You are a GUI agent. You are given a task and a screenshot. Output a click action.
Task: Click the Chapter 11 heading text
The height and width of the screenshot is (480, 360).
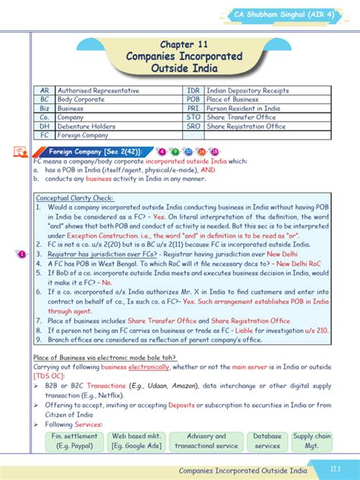click(180, 45)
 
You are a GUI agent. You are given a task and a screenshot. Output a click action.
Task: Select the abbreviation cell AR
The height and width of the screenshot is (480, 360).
click(45, 90)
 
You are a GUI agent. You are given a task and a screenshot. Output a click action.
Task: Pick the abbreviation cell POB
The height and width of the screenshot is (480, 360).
click(194, 99)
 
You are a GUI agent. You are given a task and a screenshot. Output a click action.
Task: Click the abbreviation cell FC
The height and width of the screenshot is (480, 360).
click(45, 136)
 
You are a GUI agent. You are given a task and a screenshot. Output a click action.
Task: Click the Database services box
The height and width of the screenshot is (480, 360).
click(267, 441)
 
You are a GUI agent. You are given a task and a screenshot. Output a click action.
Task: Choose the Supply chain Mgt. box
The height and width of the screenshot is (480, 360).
click(313, 441)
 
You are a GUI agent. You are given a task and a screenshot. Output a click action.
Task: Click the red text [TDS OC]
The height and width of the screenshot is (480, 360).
click(49, 375)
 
